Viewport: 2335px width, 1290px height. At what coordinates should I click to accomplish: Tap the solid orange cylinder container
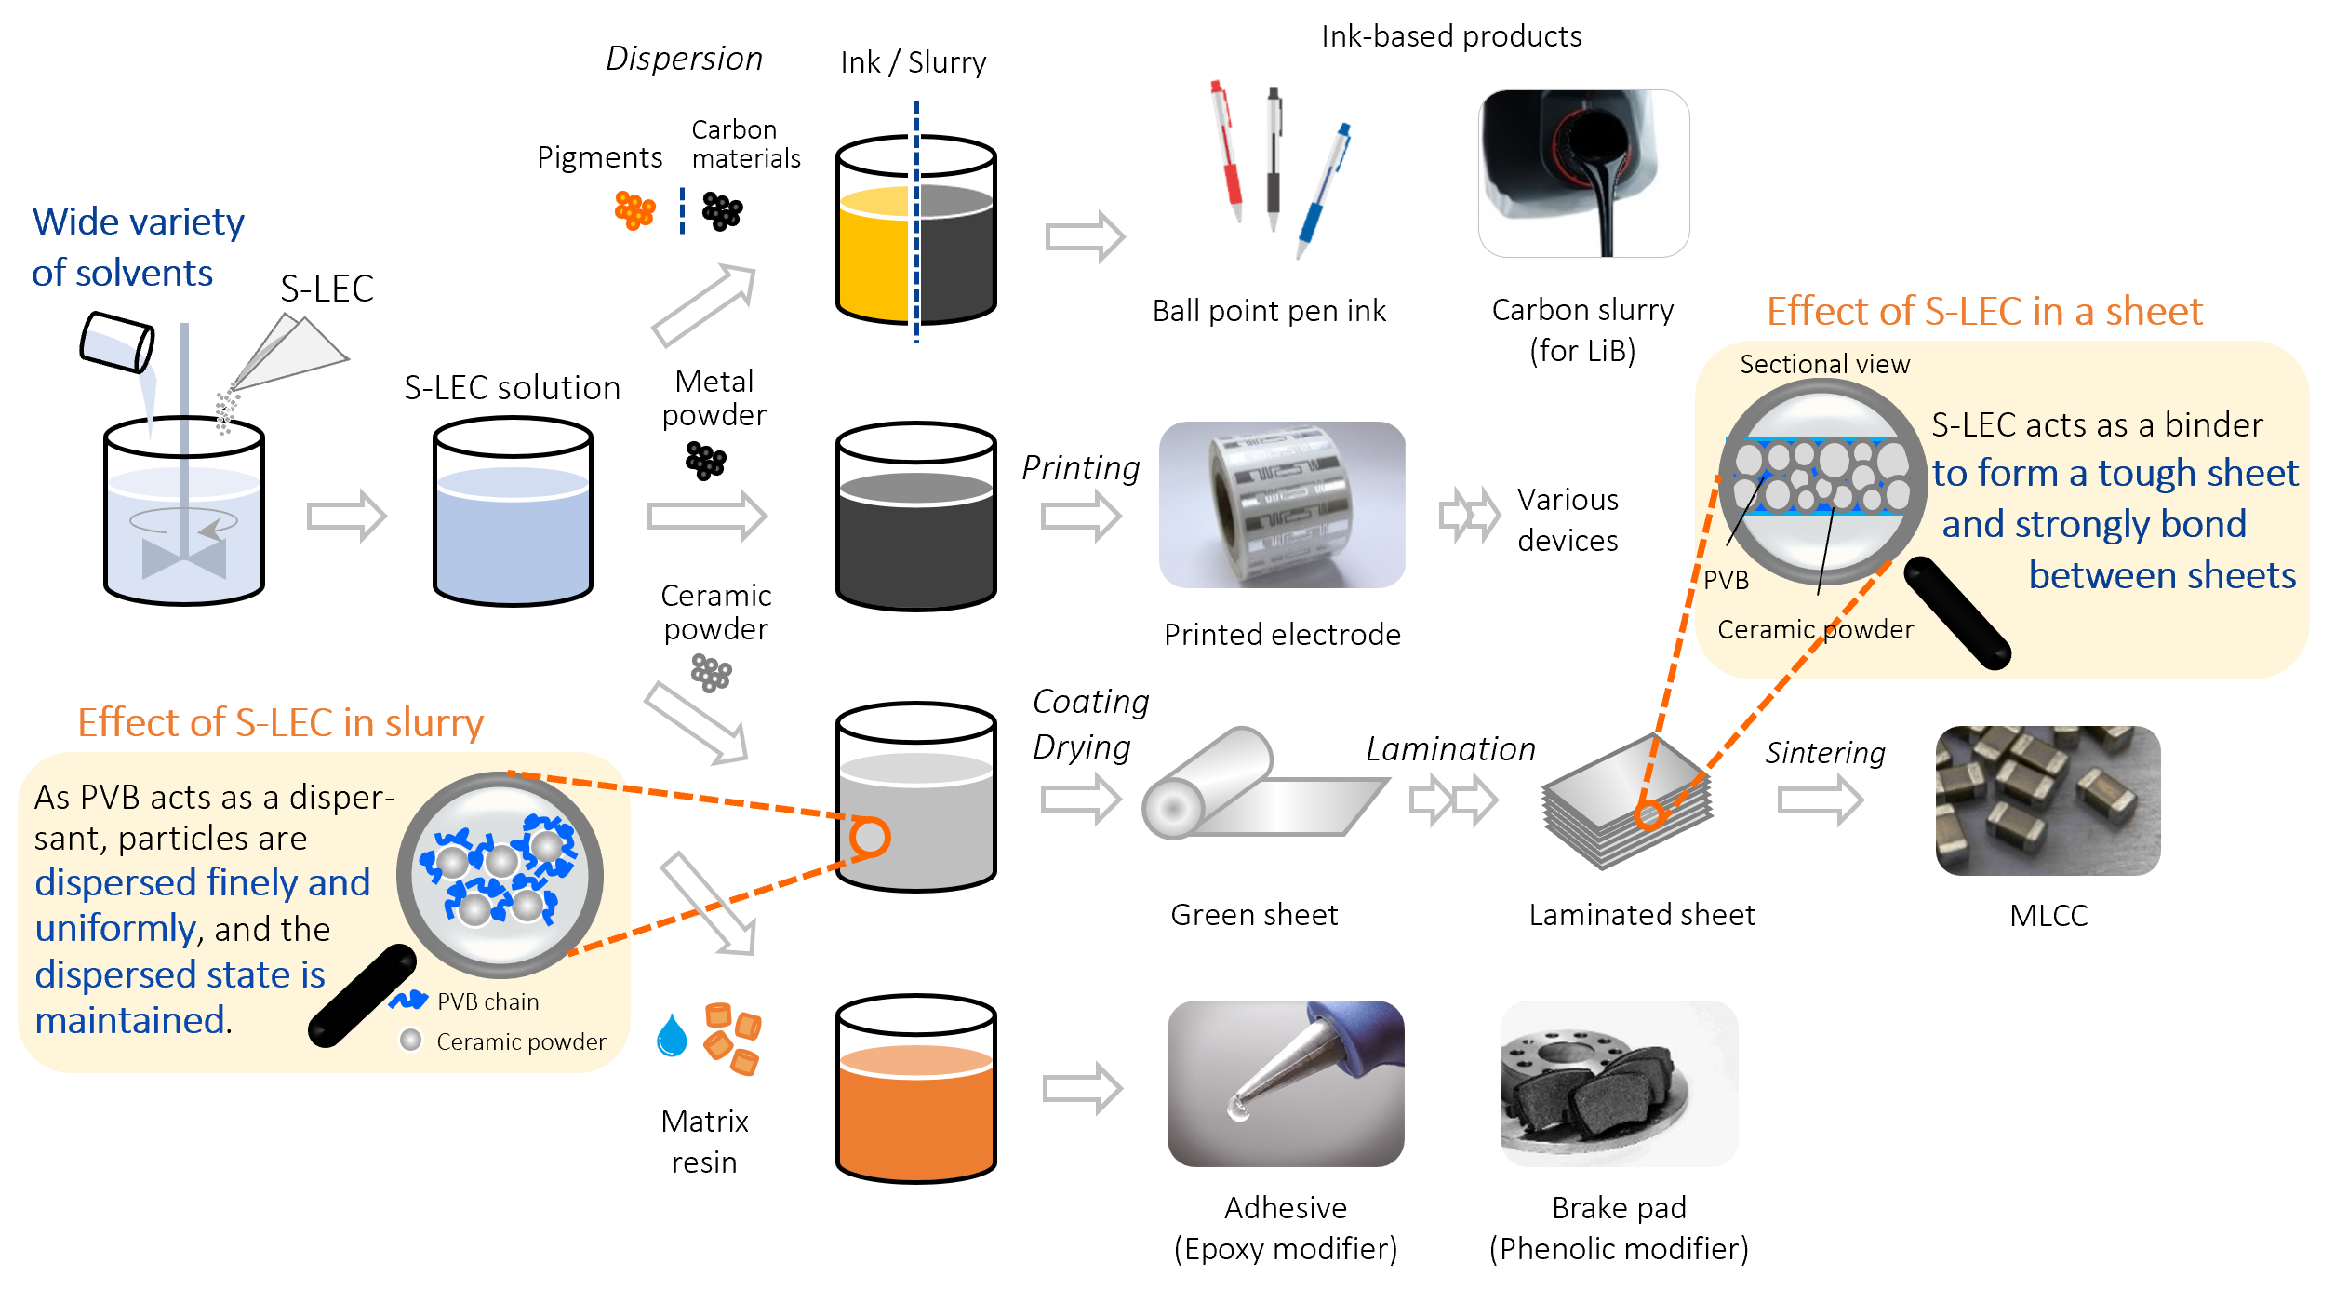(916, 1112)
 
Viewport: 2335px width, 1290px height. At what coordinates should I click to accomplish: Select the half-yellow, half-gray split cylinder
(916, 253)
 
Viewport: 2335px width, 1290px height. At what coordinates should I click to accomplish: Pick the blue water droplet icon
(671, 1035)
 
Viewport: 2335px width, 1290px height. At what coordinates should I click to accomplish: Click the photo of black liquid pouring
(1583, 173)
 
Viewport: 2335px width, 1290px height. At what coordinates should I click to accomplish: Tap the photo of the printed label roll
(1282, 504)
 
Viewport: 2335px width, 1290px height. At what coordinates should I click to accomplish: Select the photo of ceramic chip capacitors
(2048, 800)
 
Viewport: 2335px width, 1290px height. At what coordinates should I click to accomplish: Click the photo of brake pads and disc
(1619, 1083)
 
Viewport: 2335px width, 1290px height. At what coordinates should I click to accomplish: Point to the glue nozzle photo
(1286, 1083)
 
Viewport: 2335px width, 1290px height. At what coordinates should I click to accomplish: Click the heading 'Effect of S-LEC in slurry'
(280, 723)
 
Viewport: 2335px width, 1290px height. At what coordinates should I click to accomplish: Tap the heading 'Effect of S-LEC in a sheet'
(1983, 312)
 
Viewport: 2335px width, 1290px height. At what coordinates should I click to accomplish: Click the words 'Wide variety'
(138, 222)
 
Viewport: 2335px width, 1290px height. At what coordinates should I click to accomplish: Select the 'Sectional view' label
(1824, 365)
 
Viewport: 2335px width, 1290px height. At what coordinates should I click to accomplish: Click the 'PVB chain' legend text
(487, 1002)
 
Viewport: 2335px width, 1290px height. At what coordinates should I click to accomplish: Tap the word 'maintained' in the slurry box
(130, 1021)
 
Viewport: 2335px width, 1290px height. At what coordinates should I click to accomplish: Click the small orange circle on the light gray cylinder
(870, 837)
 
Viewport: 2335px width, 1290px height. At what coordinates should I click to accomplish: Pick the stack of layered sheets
(1626, 803)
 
